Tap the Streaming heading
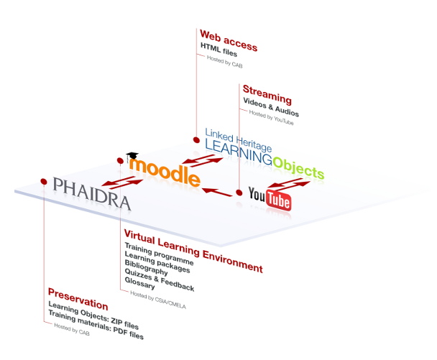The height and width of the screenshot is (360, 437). tap(267, 94)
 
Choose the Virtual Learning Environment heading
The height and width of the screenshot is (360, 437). tap(193, 251)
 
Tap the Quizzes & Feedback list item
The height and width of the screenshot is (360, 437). tap(159, 281)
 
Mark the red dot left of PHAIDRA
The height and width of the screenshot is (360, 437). tap(44, 181)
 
